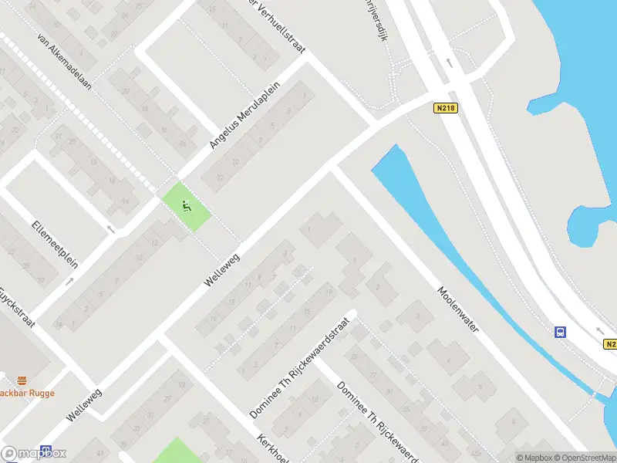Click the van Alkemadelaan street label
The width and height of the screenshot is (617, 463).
64,62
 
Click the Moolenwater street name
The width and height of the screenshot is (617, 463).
458,310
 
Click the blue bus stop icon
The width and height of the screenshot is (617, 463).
560,333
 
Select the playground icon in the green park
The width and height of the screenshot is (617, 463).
186,206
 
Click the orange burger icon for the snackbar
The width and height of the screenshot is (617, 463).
22,380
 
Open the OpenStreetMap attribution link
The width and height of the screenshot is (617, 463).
583,458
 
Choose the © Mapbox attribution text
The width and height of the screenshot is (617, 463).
534,458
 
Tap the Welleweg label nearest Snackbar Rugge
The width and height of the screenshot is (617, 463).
84,404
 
